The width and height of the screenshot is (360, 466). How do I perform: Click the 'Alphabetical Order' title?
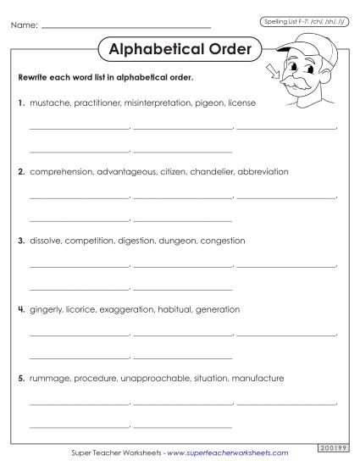click(x=180, y=49)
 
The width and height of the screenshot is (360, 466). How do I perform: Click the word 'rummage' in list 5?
click(x=48, y=378)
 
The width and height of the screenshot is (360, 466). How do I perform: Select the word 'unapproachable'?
click(x=153, y=378)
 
